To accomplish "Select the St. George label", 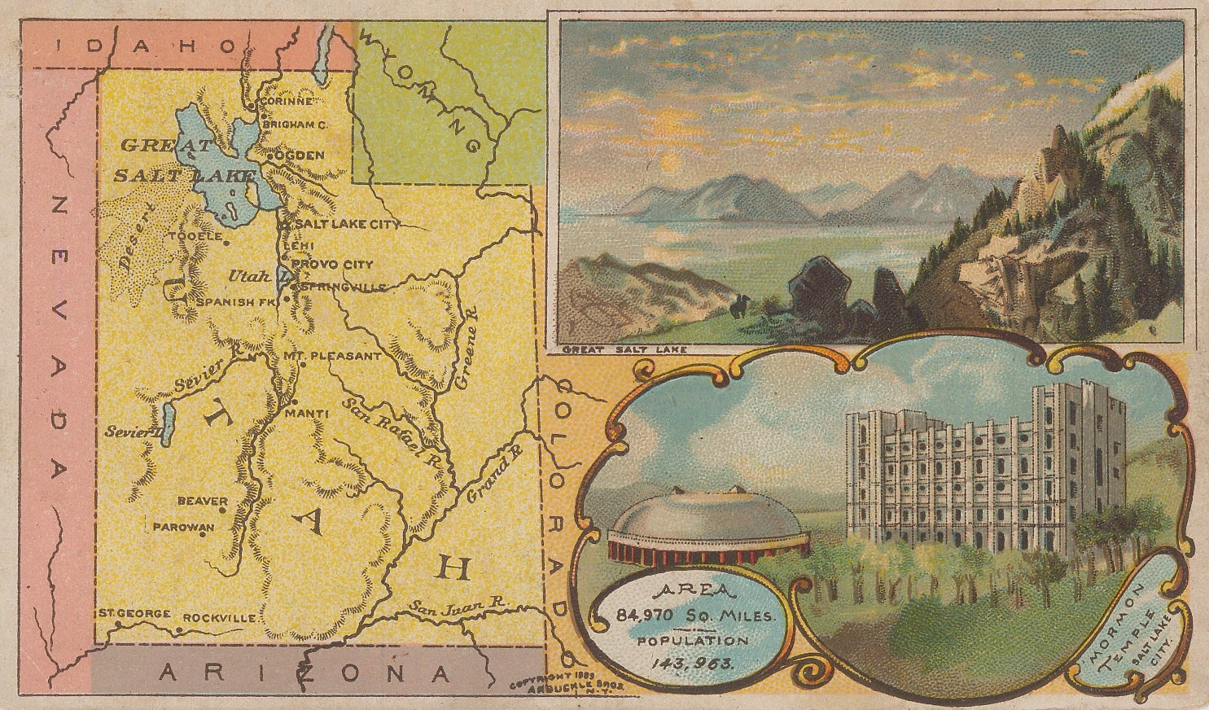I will click(134, 613).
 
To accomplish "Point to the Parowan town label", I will click(183, 527).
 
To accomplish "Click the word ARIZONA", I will click(304, 673).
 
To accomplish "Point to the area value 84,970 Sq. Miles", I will click(693, 616).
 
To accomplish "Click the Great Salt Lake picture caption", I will click(624, 350).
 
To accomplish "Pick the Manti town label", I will click(306, 414).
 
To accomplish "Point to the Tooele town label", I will click(195, 236).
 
